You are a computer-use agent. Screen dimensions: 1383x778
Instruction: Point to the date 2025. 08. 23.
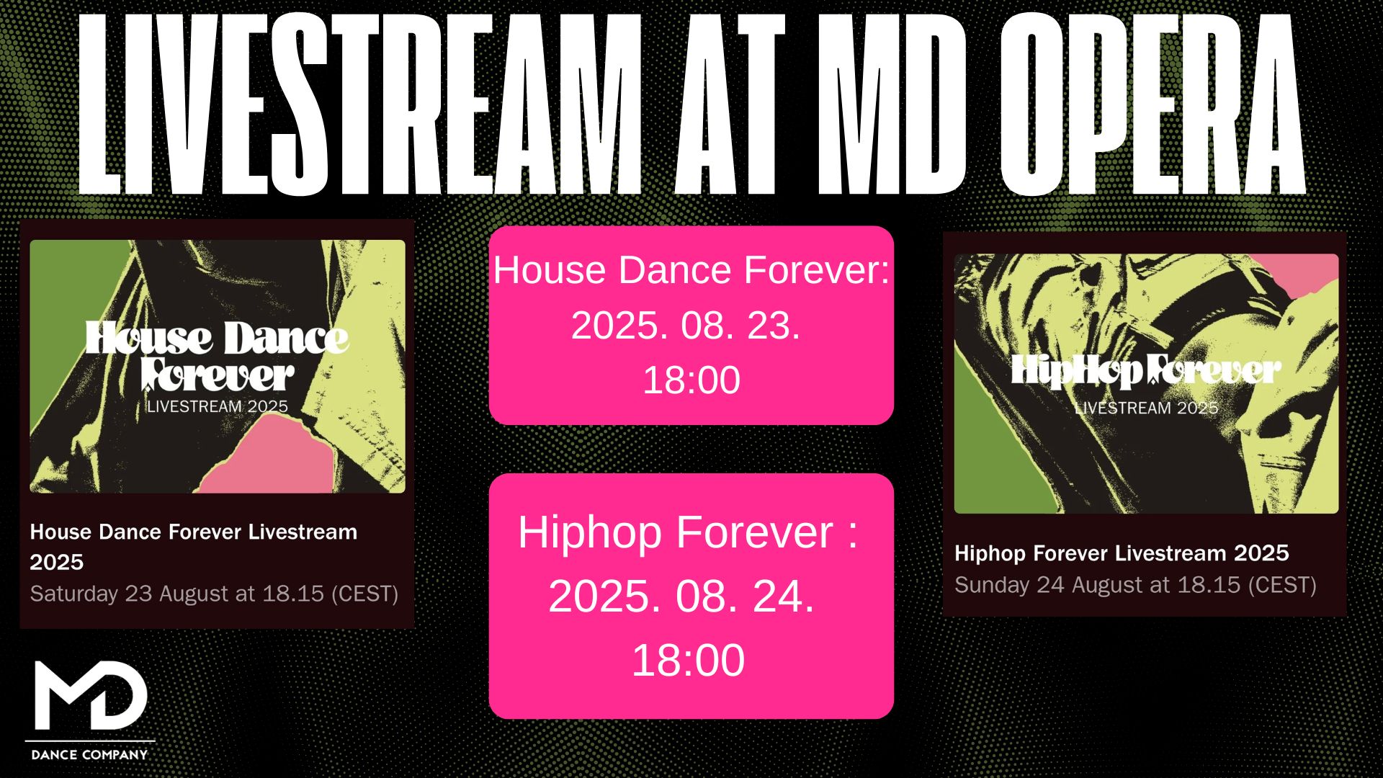click(686, 326)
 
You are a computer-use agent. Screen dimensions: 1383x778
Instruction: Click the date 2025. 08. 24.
click(681, 596)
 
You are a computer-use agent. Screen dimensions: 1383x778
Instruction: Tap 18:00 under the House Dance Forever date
click(691, 380)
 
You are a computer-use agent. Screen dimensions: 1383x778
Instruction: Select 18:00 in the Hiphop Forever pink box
click(688, 660)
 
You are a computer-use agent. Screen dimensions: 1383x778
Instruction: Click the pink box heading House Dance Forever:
click(691, 271)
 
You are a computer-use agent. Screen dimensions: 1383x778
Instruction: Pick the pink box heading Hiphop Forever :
click(688, 533)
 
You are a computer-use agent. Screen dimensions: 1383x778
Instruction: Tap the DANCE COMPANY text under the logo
click(89, 754)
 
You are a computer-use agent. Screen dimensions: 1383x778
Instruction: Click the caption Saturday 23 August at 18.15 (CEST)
click(214, 594)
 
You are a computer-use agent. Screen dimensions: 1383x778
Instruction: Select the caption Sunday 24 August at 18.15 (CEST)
click(1135, 585)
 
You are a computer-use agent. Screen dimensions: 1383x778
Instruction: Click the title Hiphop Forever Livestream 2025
click(1122, 553)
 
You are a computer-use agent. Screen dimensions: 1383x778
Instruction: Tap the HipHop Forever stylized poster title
click(1146, 370)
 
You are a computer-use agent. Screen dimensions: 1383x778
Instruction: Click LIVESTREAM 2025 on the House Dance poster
click(217, 407)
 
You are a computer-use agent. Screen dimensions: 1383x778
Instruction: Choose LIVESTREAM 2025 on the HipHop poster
click(1146, 408)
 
